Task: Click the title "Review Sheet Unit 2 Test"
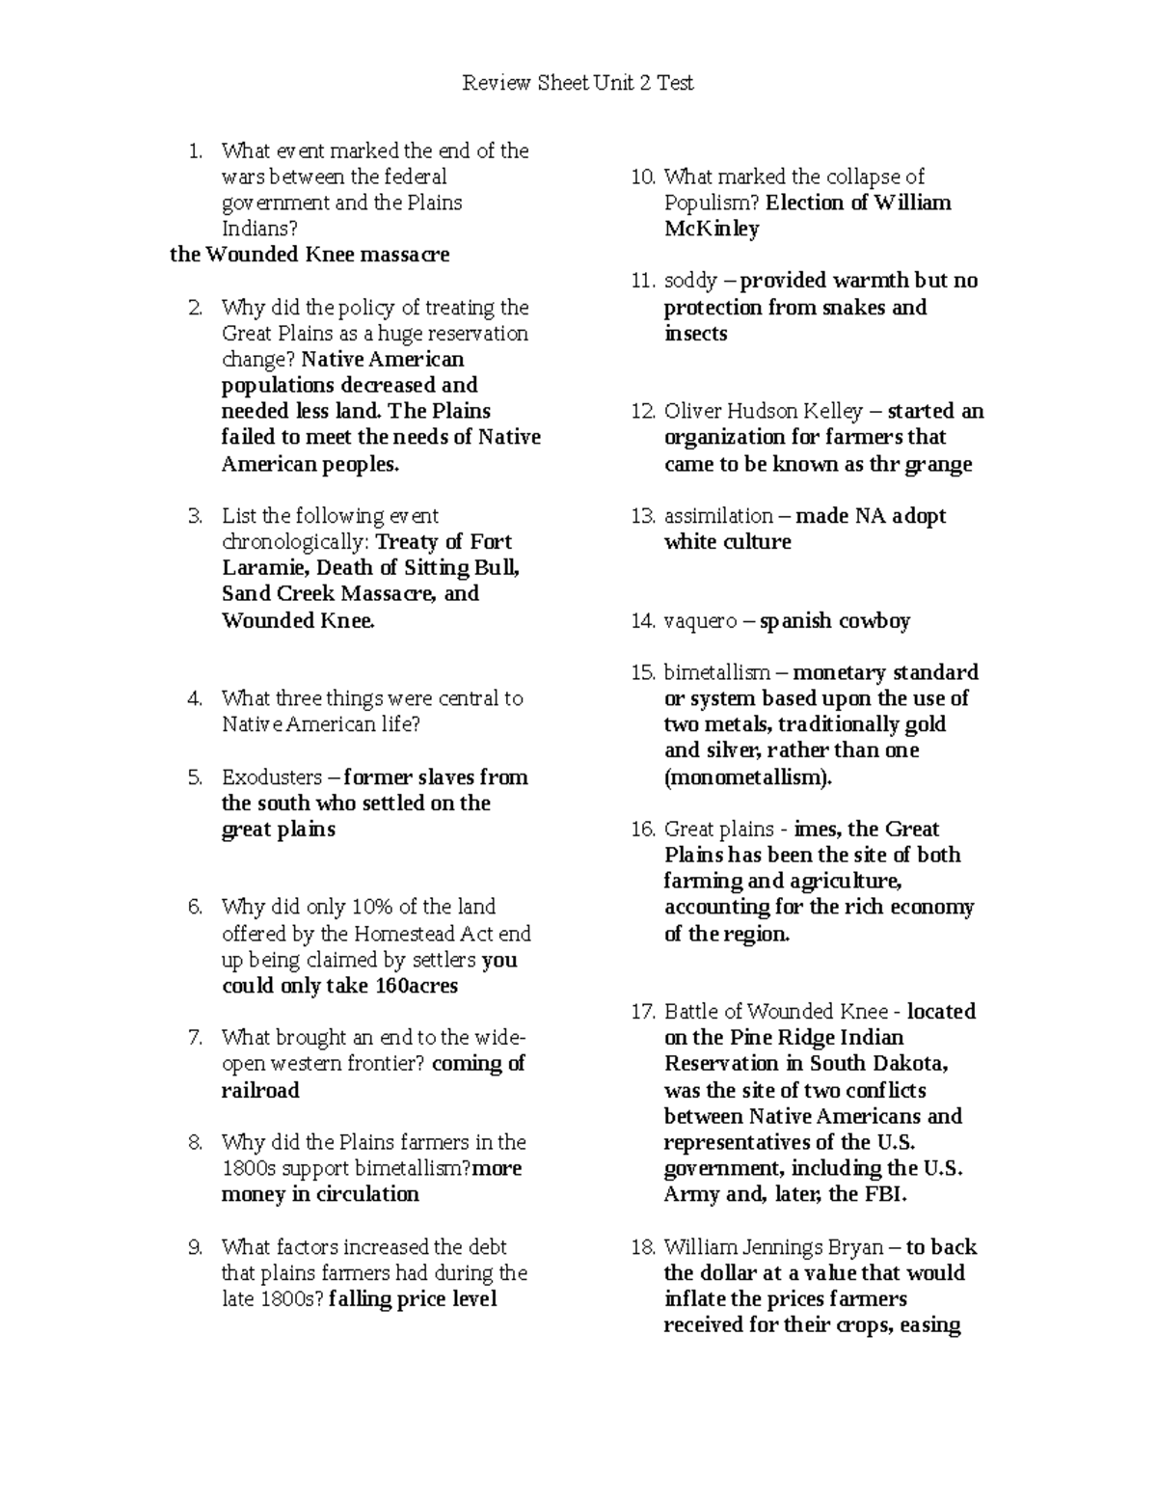[578, 83]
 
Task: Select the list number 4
[196, 698]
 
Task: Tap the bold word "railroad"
[260, 1090]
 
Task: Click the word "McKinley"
[712, 230]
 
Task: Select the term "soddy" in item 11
[690, 281]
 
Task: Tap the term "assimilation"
[718, 516]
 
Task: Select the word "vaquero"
[699, 621]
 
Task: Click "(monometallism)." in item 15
[747, 777]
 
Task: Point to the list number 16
[643, 830]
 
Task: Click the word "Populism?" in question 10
[712, 203]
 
